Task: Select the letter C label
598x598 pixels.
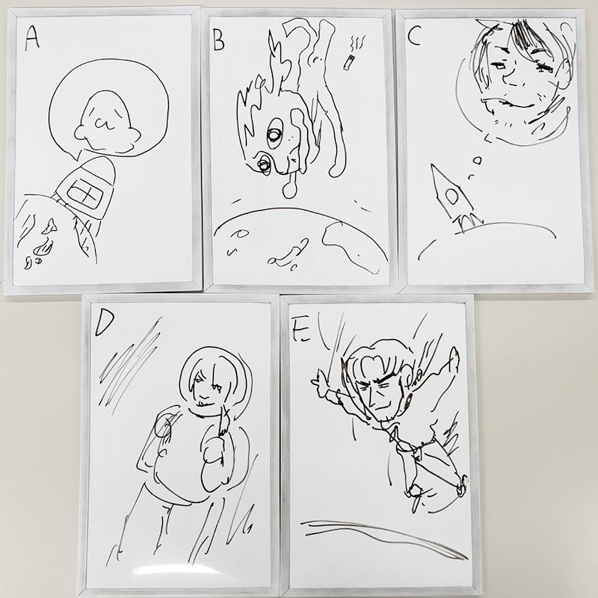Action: pos(414,36)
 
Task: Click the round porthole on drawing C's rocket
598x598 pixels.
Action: pos(453,197)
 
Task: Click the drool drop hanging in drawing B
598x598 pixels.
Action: pos(290,186)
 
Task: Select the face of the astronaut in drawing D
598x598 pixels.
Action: pos(207,385)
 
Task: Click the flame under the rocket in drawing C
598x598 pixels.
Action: pos(470,222)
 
